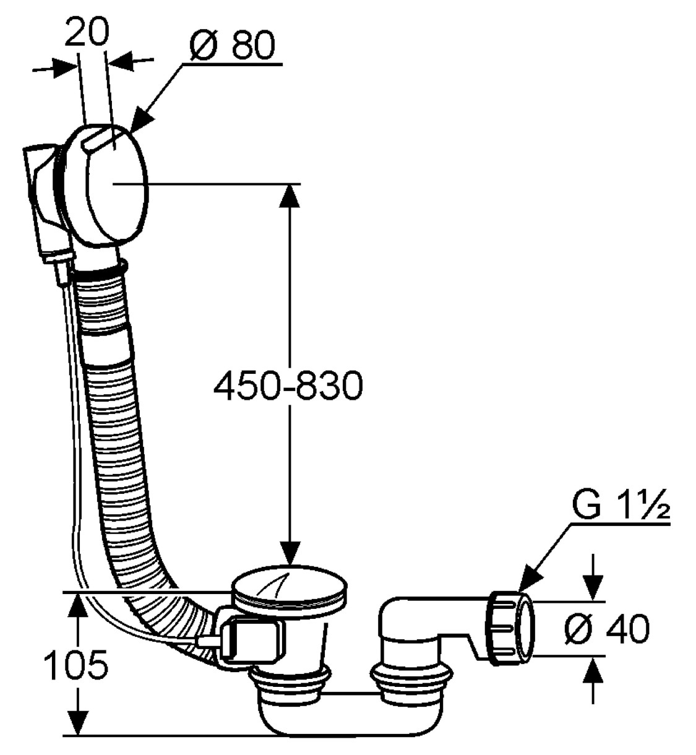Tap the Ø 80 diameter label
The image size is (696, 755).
(x=231, y=46)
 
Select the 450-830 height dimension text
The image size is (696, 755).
(x=287, y=387)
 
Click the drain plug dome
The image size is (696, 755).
(x=290, y=584)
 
